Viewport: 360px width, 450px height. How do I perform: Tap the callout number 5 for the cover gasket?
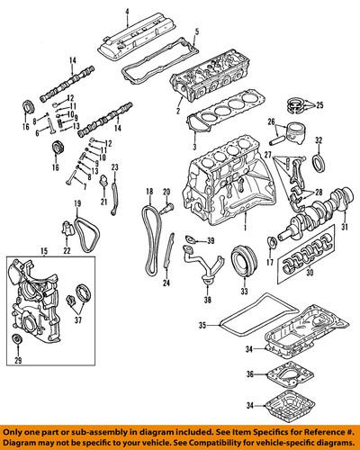point(195,31)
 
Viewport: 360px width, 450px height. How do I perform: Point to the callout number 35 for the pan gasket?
point(202,323)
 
